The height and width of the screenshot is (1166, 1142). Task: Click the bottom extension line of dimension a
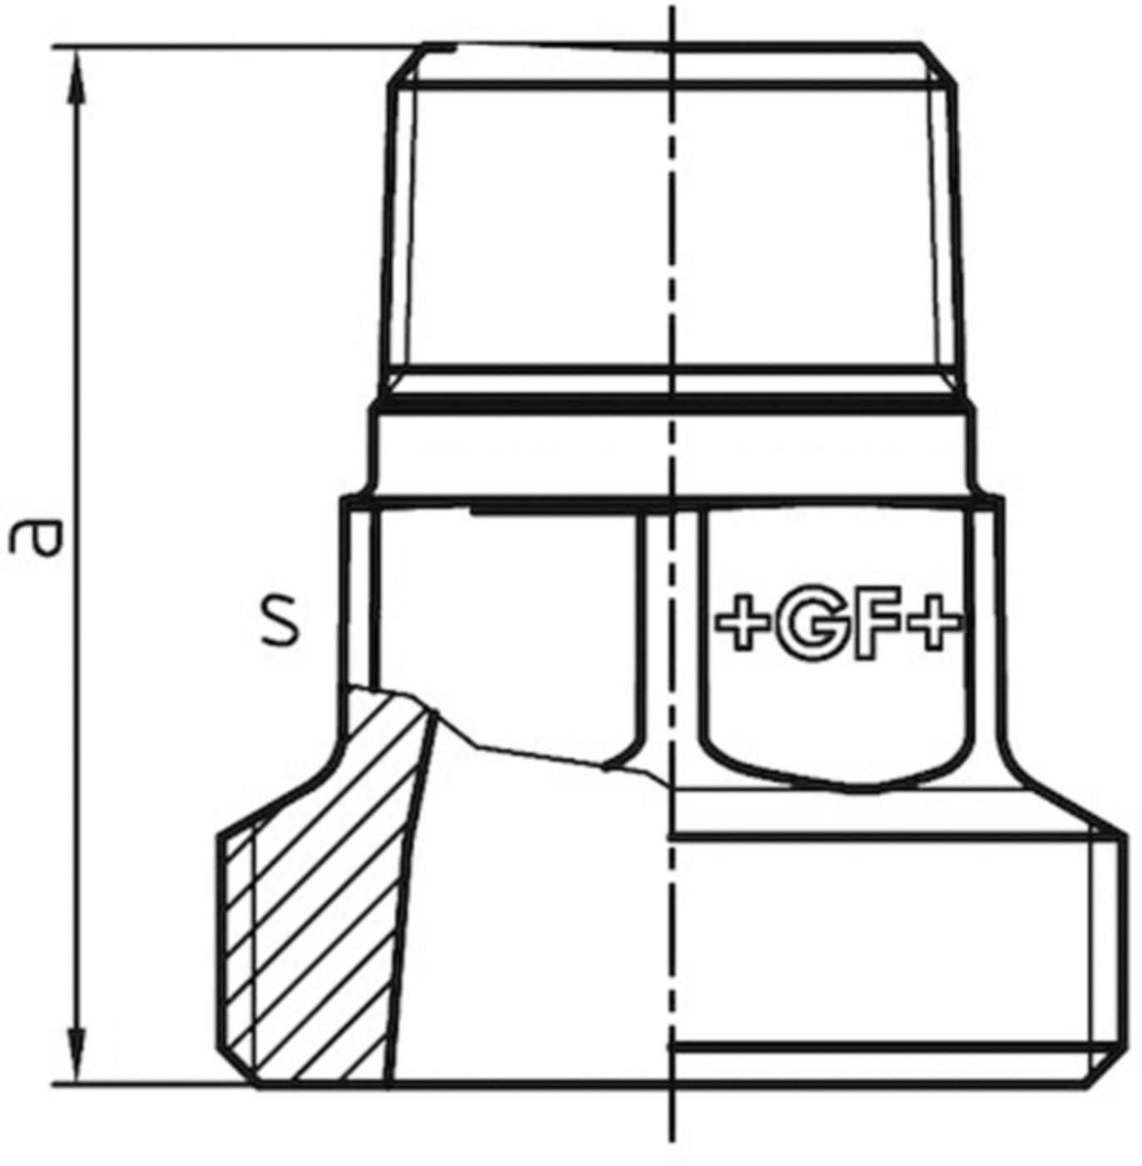click(150, 1085)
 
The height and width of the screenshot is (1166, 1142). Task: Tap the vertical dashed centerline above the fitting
click(671, 21)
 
